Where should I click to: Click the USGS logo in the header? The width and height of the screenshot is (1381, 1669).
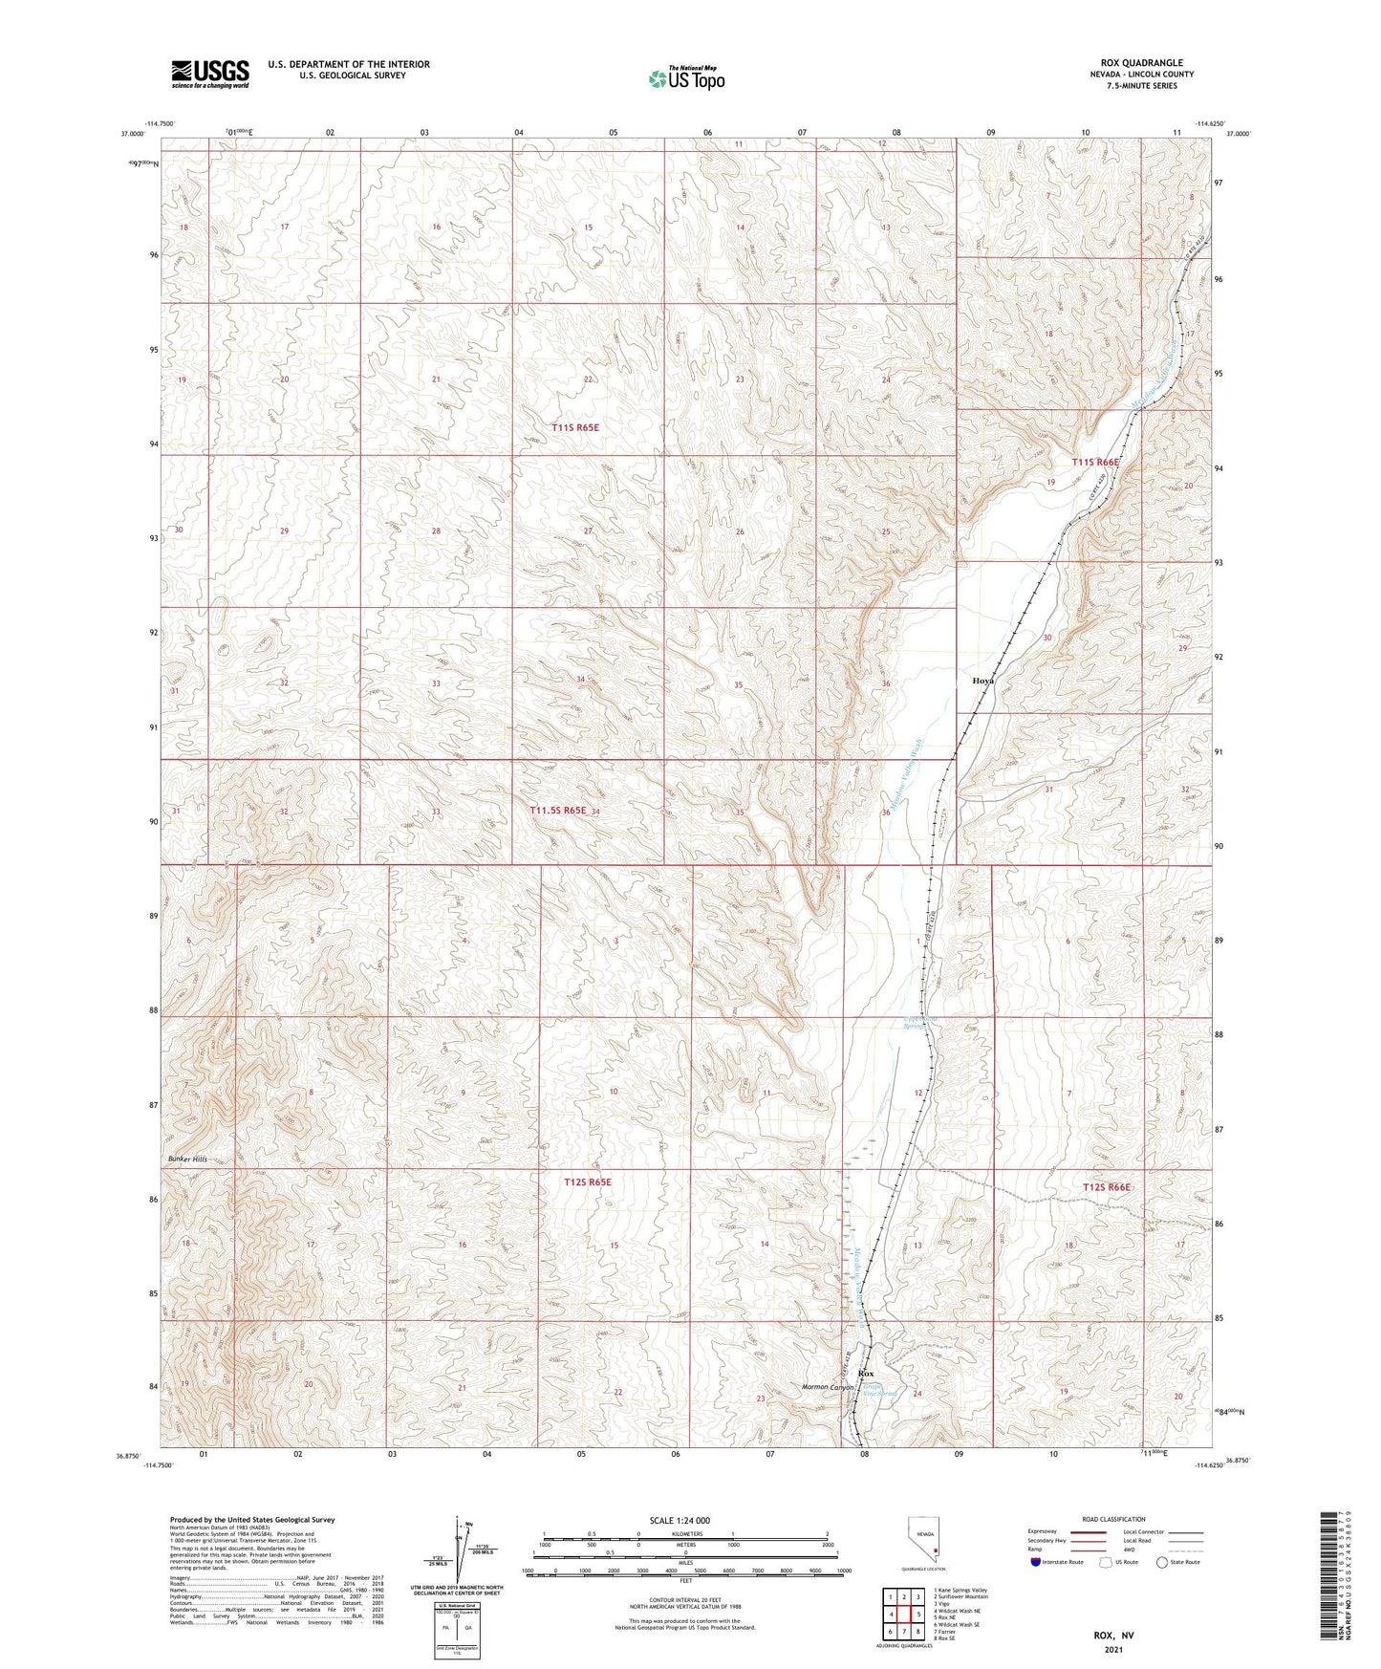pyautogui.click(x=209, y=74)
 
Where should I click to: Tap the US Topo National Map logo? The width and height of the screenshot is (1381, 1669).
pyautogui.click(x=686, y=77)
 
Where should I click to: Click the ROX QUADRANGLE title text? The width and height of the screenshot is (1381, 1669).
pyautogui.click(x=1141, y=63)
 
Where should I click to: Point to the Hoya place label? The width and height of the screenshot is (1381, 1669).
pyautogui.click(x=982, y=681)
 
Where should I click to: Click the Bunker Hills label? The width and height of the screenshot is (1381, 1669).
pyautogui.click(x=187, y=1159)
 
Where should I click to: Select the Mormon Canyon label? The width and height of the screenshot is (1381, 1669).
pyautogui.click(x=827, y=1387)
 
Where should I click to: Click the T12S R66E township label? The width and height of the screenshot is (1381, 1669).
pyautogui.click(x=1107, y=1186)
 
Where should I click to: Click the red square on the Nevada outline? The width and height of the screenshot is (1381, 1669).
pyautogui.click(x=936, y=1551)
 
